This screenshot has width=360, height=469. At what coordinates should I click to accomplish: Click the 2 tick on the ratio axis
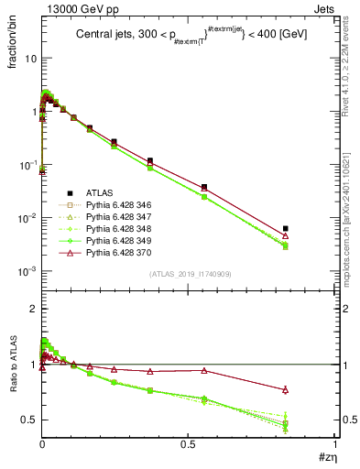pos(33,309)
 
